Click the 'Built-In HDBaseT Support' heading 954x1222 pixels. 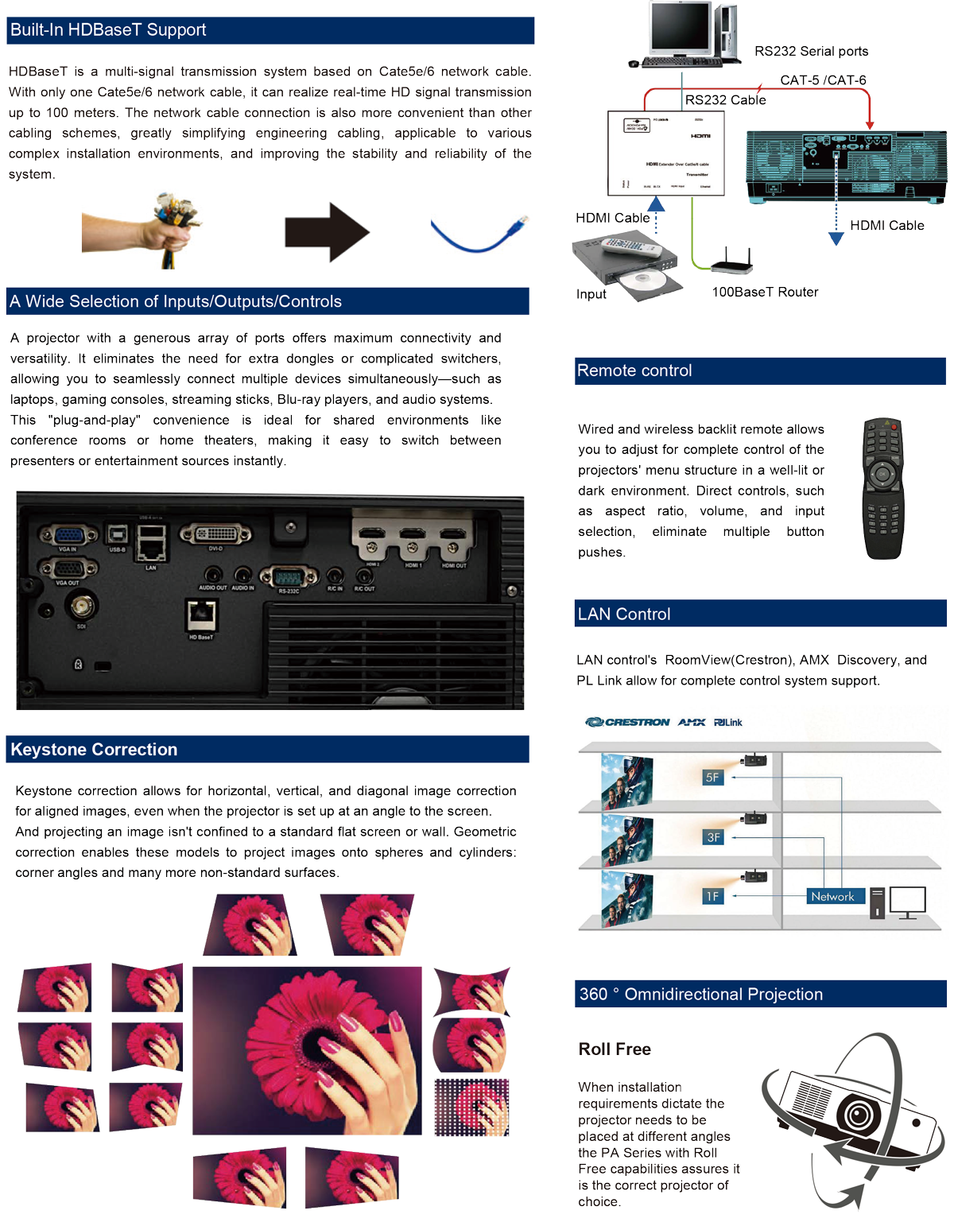(x=108, y=30)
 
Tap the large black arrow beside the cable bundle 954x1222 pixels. (x=327, y=232)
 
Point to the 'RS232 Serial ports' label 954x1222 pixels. (x=811, y=52)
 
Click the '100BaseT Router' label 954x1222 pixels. (x=765, y=293)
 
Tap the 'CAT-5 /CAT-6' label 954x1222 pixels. (x=823, y=80)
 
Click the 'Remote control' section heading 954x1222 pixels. (x=634, y=371)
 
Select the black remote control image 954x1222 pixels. (x=883, y=488)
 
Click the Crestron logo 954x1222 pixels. (x=628, y=723)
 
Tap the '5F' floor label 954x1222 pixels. (x=712, y=778)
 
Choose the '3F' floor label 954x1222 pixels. (x=713, y=837)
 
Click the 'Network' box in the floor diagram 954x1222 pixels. (x=832, y=897)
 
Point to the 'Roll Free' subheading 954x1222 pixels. (x=615, y=1049)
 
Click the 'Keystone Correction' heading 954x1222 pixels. (x=94, y=750)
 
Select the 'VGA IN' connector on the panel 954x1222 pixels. (x=68, y=535)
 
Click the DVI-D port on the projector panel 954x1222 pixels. (x=215, y=534)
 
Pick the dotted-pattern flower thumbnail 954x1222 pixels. (x=471, y=1108)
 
